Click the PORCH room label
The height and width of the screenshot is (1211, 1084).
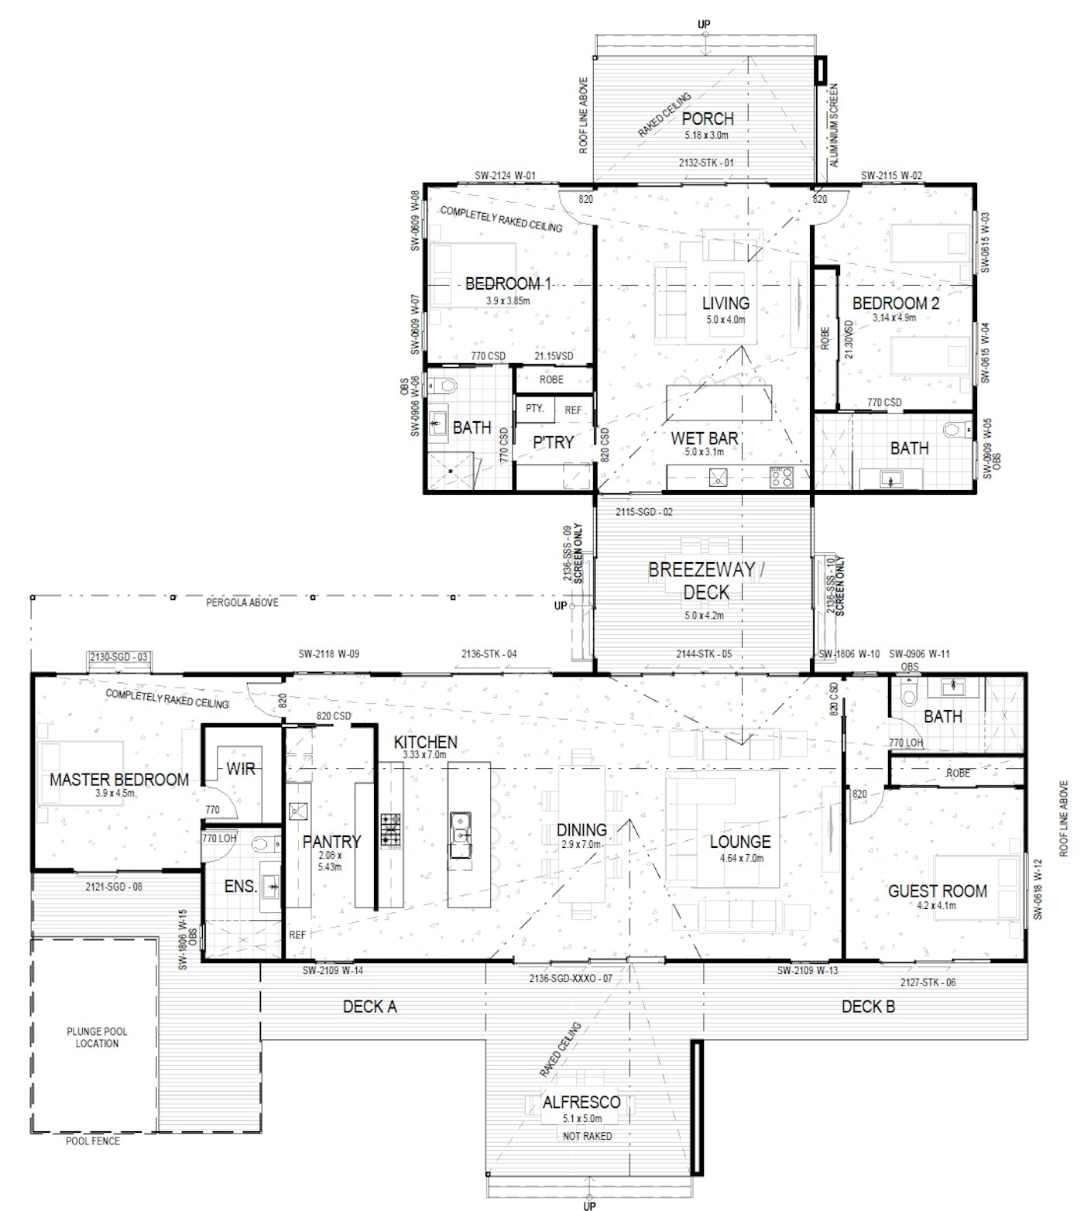coord(708,118)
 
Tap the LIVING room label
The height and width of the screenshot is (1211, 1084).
coord(726,303)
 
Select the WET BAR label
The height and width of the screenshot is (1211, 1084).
coord(704,438)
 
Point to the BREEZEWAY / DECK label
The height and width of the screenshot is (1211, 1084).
coord(706,581)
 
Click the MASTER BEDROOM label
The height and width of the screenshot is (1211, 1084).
coord(119,780)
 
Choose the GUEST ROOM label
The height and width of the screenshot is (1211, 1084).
coord(938,891)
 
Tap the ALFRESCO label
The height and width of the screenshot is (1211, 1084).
coord(581,1102)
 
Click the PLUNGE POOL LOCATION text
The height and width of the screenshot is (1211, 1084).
coord(98,1038)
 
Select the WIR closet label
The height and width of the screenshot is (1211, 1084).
coord(241,769)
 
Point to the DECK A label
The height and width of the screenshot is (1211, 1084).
coord(369,1007)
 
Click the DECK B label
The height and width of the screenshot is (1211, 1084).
coord(868,1007)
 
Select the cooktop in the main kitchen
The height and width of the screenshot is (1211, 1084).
coord(390,829)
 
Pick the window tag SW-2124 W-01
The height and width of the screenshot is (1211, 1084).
coord(506,176)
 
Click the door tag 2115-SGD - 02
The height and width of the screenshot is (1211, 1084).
coord(644,512)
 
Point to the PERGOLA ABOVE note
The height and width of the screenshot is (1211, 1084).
coord(242,602)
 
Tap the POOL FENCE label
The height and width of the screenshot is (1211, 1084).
coord(92,1141)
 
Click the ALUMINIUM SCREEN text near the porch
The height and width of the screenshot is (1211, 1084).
coord(834,125)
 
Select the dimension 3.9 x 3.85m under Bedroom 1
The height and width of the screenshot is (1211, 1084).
coord(508,300)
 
